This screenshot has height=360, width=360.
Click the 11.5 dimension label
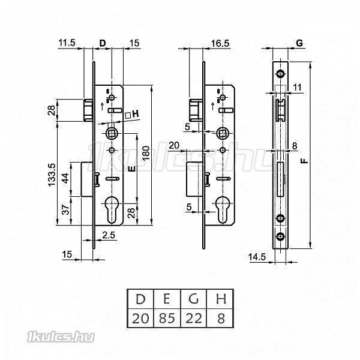[67, 43]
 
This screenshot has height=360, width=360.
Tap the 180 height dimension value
[146, 153]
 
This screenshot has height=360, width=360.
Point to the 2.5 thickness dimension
[109, 235]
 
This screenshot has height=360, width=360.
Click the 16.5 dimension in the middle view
[220, 43]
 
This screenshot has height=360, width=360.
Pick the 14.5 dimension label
[257, 257]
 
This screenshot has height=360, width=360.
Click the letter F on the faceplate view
[304, 160]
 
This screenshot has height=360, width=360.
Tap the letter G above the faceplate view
[299, 43]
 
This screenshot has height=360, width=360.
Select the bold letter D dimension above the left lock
[103, 43]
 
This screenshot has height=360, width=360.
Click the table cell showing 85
[167, 319]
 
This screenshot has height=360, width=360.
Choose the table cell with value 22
[194, 319]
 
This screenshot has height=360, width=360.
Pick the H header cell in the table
[220, 299]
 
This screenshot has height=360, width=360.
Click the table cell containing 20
[140, 319]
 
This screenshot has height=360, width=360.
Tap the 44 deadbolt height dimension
[66, 178]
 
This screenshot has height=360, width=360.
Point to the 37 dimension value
[66, 209]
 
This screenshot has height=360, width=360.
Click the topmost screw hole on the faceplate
[280, 74]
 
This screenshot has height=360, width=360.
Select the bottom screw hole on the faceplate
[280, 236]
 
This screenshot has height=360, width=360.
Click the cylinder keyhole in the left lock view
[112, 210]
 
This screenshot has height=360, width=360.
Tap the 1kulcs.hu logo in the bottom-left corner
[61, 337]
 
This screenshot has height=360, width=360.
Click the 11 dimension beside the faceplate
[298, 88]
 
